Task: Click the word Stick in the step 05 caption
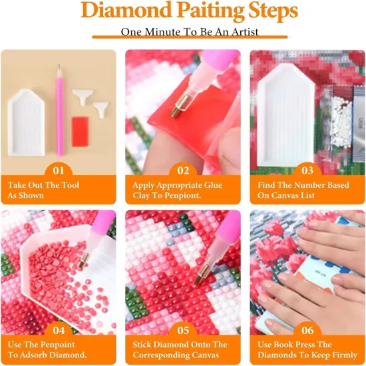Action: (x=145, y=345)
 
